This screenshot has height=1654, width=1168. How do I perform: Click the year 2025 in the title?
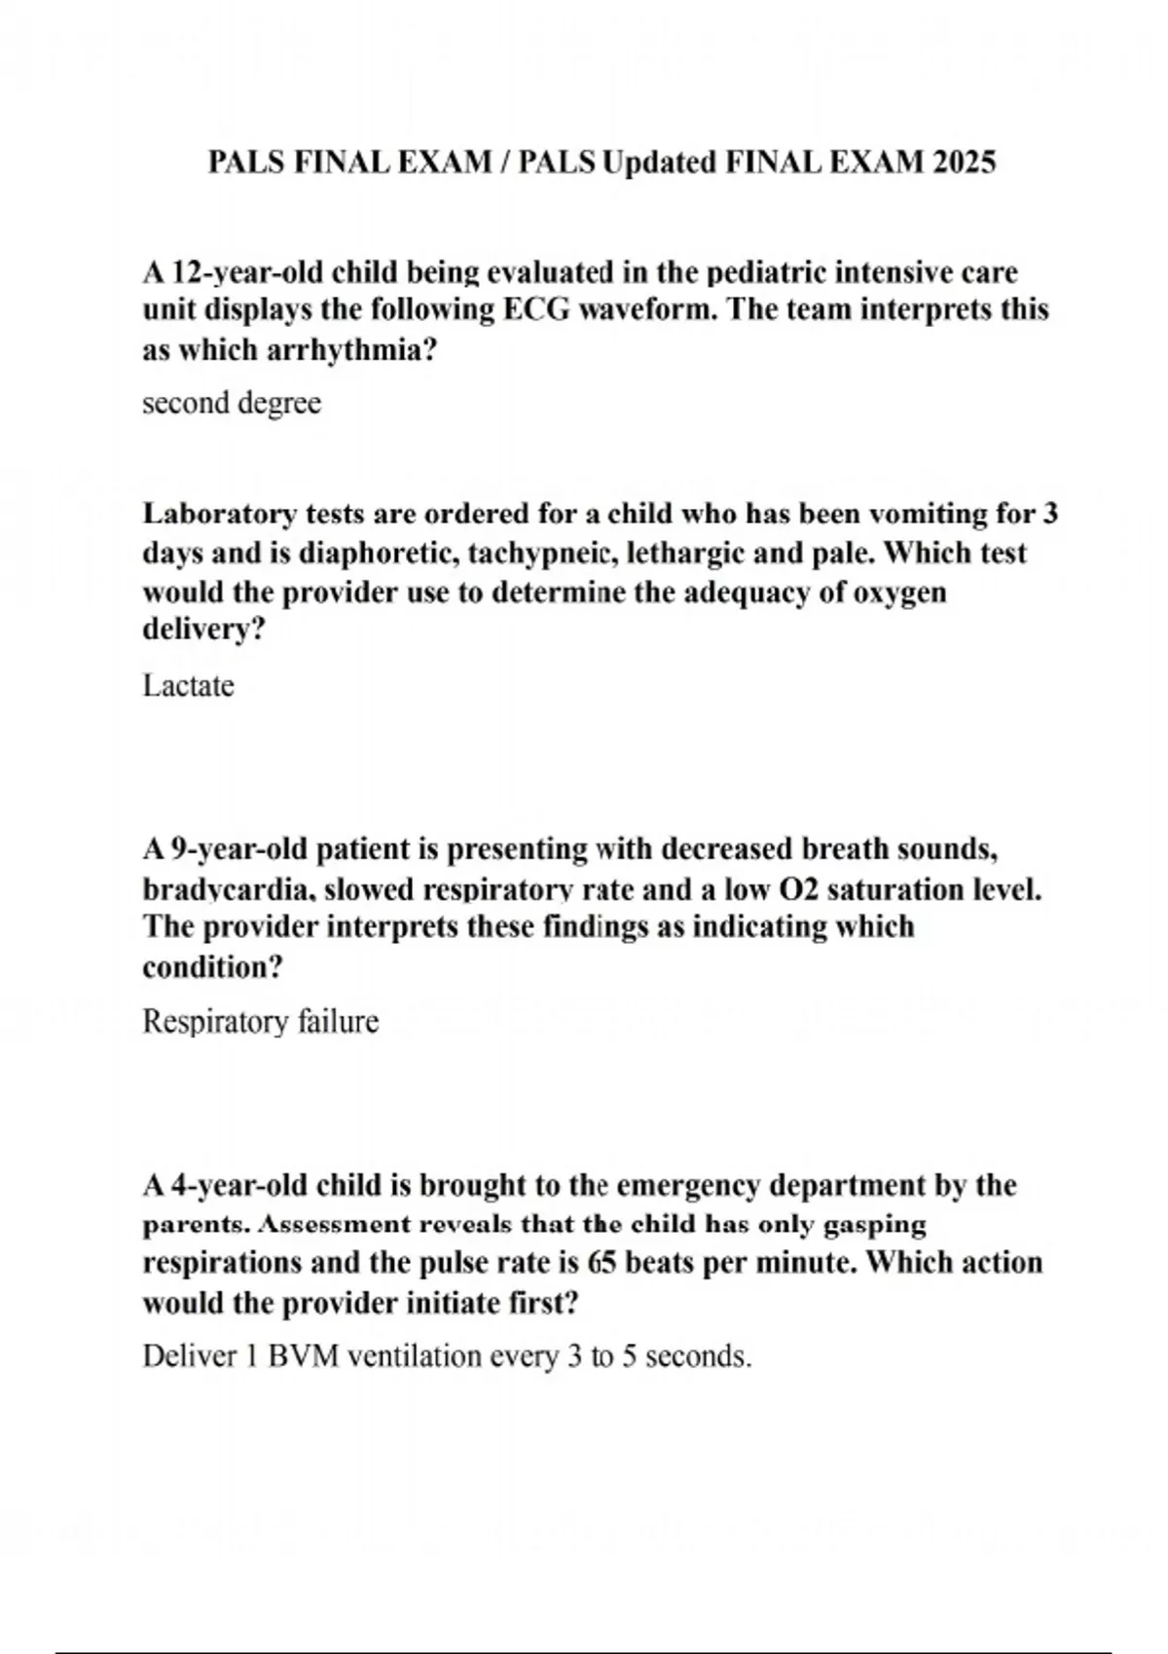point(963,162)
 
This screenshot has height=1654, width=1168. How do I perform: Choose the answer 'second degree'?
point(232,403)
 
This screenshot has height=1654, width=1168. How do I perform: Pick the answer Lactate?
point(188,686)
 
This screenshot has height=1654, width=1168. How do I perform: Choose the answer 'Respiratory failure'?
point(260,1022)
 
